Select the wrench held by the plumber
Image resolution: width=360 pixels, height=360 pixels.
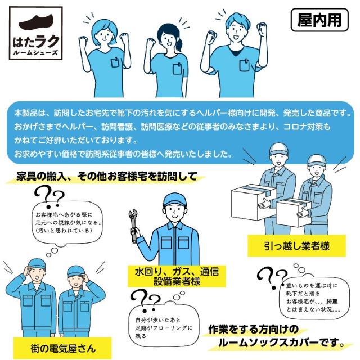[x=133, y=224]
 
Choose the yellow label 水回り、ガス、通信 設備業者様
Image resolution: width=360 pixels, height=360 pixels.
[x=173, y=276]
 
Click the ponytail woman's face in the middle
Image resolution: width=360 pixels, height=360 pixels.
[x=169, y=38]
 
